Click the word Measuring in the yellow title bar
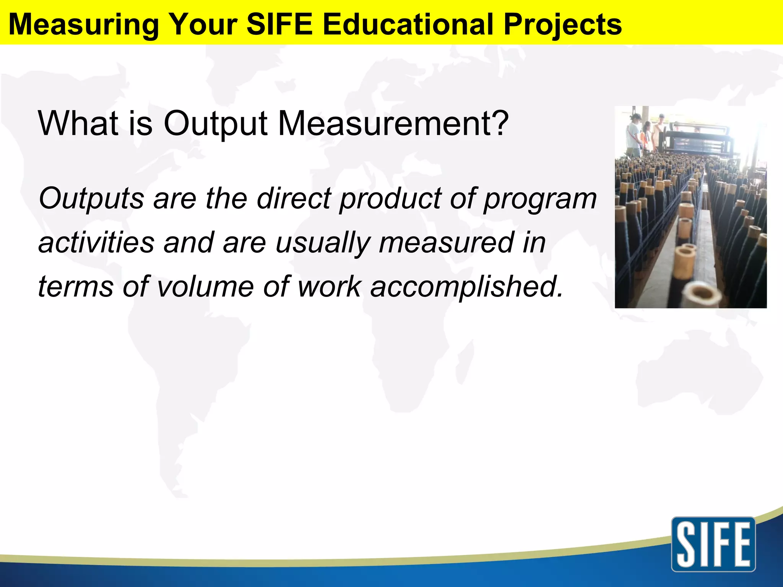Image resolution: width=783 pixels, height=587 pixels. pos(83,24)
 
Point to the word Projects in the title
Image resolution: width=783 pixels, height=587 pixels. pos(562,24)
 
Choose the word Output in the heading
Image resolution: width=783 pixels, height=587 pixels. pos(216,124)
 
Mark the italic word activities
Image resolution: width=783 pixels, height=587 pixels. pos(96,242)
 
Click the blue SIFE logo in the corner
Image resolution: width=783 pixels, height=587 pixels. pos(713,544)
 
